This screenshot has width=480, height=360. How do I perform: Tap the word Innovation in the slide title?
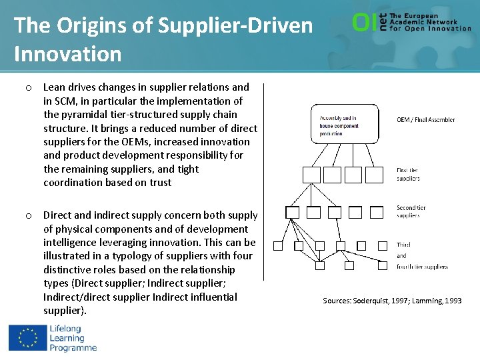point(68,53)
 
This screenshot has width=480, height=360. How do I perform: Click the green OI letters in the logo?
point(363,23)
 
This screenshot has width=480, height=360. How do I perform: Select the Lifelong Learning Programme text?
point(72,337)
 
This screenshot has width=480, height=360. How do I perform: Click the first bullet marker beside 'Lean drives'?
point(29,87)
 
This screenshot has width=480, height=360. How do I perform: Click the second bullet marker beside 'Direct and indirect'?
point(29,215)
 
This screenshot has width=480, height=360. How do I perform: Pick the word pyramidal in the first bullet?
point(83,114)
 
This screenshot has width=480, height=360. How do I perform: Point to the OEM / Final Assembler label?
point(426,120)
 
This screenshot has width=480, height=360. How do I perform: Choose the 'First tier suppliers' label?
point(408,174)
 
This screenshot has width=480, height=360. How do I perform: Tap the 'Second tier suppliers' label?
point(411,211)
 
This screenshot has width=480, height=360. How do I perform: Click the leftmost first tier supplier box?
point(312,175)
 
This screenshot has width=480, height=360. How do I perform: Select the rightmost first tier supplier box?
point(375,175)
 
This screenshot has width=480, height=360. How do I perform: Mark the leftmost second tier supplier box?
point(292,213)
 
